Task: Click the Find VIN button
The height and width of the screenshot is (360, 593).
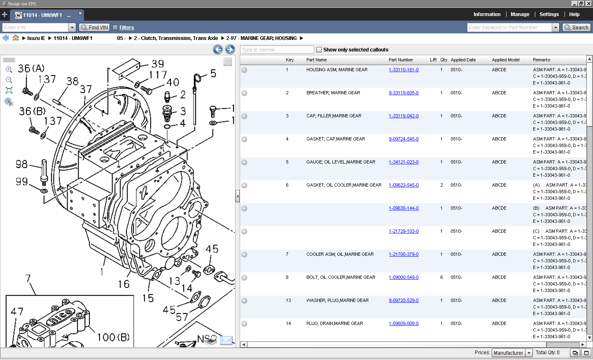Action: [94, 28]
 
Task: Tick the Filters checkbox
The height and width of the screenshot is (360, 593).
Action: [115, 28]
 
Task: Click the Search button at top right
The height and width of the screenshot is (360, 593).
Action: [577, 28]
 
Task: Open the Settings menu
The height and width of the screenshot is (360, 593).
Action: [549, 14]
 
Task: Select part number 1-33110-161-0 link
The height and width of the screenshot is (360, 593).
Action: [404, 70]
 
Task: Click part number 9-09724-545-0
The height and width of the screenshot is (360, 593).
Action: [404, 139]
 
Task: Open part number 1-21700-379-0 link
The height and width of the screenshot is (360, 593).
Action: [404, 255]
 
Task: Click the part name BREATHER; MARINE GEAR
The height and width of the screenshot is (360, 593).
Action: [333, 93]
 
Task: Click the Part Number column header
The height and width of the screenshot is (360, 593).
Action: [401, 60]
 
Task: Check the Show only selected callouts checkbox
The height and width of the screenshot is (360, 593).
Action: [319, 50]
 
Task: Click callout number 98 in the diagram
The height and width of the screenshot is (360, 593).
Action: [21, 164]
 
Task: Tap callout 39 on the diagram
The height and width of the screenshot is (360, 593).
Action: [158, 64]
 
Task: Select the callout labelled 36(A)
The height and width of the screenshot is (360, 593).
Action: [31, 68]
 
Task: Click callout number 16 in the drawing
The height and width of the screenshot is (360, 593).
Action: [124, 284]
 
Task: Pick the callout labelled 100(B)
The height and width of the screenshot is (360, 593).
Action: [113, 337]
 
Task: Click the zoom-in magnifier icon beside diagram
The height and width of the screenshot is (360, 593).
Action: [9, 70]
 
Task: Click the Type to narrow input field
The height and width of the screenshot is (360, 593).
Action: [277, 50]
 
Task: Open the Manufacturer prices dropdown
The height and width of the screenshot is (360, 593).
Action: [512, 353]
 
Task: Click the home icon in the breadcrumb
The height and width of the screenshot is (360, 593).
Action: [16, 38]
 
